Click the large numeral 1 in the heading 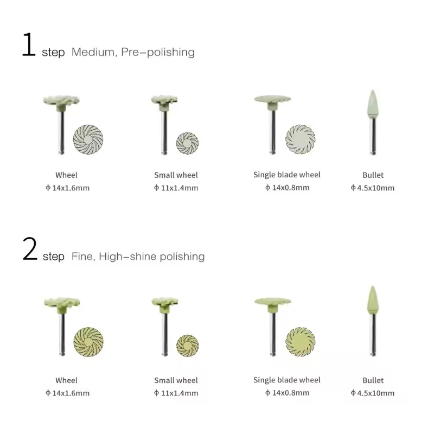tap(29, 44)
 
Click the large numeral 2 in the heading tap(30, 248)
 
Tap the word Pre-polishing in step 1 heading tap(158, 52)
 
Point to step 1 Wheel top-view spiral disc tap(88, 139)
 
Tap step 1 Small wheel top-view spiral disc tap(187, 143)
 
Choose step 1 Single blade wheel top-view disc tap(301, 139)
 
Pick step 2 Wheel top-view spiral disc tap(88, 342)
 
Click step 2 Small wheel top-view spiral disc tap(187, 346)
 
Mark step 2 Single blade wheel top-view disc tap(301, 342)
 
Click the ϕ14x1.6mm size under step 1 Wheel tap(67, 188)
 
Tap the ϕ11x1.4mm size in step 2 tap(176, 393)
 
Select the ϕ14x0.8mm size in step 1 tap(287, 188)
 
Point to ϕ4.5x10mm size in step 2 tap(373, 393)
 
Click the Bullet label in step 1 tap(373, 175)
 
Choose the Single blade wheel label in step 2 tap(287, 380)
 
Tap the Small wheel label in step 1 tap(176, 175)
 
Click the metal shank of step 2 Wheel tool tap(62, 334)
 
